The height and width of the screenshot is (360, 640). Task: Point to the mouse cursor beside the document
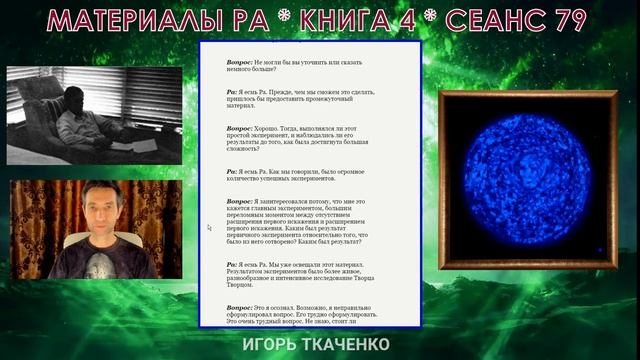[209, 228]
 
